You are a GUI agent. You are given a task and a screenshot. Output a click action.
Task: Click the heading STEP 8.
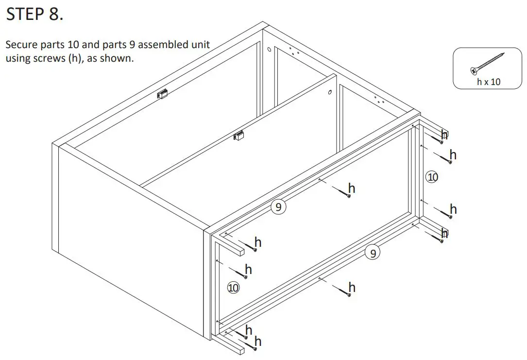pyautogui.click(x=34, y=15)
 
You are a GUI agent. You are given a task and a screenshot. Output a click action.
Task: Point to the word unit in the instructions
pyautogui.click(x=201, y=45)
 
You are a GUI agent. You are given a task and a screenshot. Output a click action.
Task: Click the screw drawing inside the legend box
pyautogui.click(x=487, y=64)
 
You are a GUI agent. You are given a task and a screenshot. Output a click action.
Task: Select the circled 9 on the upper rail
pyautogui.click(x=278, y=207)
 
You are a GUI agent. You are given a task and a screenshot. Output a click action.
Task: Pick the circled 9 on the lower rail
pyautogui.click(x=372, y=253)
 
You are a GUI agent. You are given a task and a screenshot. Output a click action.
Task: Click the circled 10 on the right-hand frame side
pyautogui.click(x=432, y=177)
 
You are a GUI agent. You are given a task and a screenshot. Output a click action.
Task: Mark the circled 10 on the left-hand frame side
pyautogui.click(x=233, y=288)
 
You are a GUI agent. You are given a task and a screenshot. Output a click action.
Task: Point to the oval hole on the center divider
pyautogui.click(x=330, y=92)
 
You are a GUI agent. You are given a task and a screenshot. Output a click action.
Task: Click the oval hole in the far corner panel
pyautogui.click(x=269, y=50)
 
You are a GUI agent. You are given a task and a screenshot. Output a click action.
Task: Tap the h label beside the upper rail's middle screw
pyautogui.click(x=352, y=188)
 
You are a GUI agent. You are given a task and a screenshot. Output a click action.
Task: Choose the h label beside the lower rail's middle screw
pyautogui.click(x=352, y=288)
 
